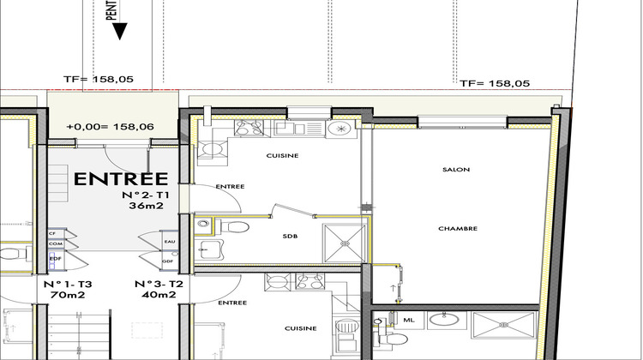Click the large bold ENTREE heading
121,179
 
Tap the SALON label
455,170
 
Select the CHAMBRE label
458,228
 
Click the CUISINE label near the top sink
282,155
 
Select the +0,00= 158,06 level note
110,126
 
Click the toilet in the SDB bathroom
233,227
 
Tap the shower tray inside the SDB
344,240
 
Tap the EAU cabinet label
169,243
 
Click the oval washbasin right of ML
443,320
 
